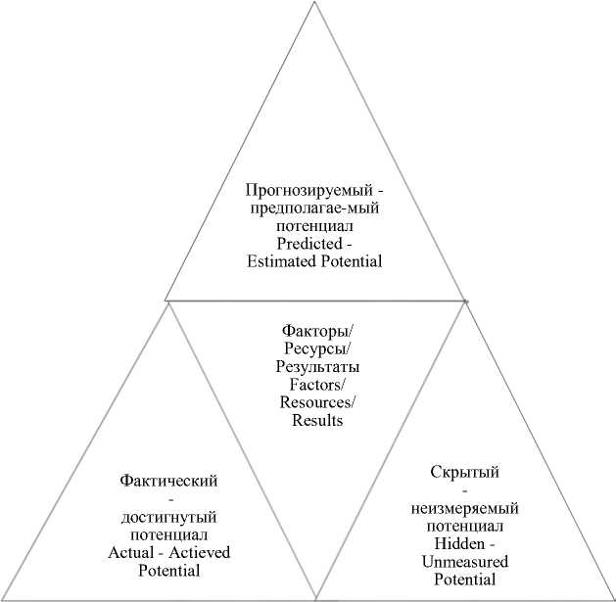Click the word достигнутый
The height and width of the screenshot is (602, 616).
click(167, 517)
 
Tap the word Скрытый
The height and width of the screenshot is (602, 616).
click(464, 473)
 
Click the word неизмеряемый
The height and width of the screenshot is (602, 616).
click(464, 509)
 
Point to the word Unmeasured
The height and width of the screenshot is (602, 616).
click(464, 563)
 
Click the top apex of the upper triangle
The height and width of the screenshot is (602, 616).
click(314, 3)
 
